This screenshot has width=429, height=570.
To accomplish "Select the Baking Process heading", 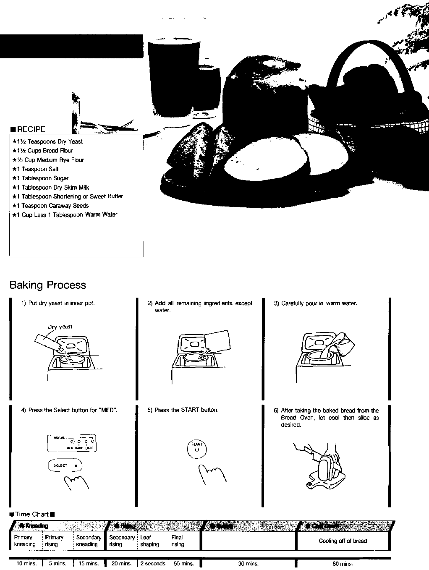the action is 47,285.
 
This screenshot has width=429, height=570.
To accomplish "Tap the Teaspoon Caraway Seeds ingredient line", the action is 55,206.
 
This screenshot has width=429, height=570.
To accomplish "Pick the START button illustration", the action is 196,450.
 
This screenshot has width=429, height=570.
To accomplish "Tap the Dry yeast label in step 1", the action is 60,327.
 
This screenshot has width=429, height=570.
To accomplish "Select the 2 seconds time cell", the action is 152,564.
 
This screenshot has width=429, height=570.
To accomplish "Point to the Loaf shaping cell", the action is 149,541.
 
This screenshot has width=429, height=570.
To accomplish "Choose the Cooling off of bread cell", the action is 343,541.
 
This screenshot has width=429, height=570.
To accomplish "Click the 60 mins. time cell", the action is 342,564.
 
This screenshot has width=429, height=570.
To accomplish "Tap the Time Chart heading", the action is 32,514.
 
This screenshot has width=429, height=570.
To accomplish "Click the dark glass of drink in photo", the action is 172,76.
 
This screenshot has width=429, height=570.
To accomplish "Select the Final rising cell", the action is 178,541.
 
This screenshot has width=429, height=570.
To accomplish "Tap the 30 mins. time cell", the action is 248,564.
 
